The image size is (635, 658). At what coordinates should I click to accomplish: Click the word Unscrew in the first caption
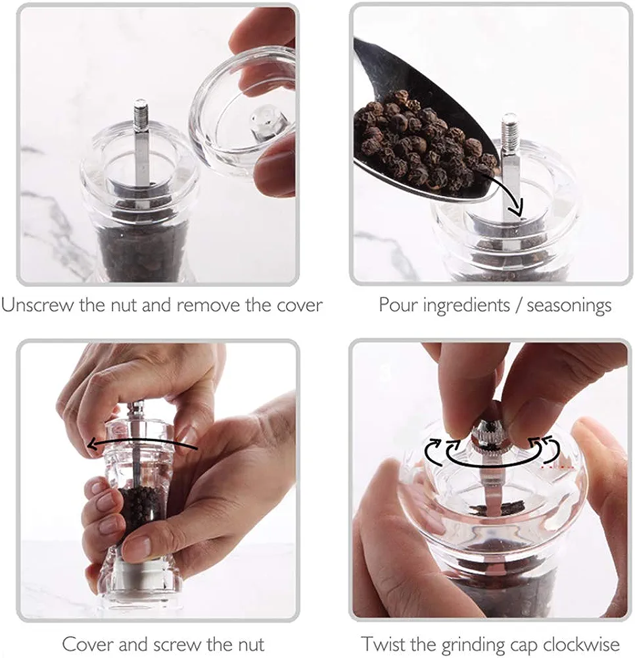coord(37,305)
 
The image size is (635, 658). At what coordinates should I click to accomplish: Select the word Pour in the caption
coord(398,305)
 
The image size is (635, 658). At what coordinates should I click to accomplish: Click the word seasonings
coord(569,306)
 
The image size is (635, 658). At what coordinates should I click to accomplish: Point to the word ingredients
coord(467,306)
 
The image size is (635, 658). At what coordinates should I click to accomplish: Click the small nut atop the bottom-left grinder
coord(137,407)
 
